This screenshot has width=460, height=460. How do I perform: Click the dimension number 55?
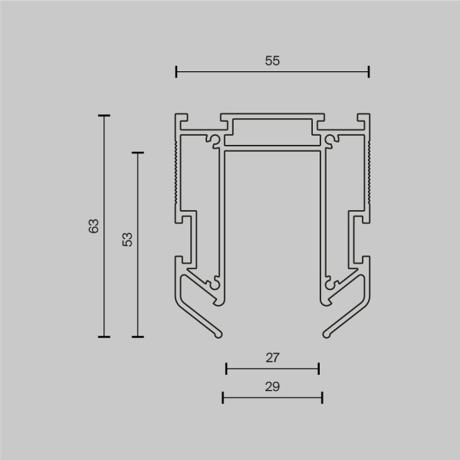coord(272,61)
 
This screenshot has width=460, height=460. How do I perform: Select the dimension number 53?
coord(127,239)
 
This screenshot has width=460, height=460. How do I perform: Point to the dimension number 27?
coord(273,357)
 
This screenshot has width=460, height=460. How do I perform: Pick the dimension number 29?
coord(273,386)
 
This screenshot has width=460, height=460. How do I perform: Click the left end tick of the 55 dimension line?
coord(176,72)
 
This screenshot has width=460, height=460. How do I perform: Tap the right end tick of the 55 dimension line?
coord(369,72)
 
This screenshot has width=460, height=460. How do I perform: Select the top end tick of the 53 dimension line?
coord(138,153)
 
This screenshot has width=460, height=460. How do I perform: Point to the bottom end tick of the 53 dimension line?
coord(138,336)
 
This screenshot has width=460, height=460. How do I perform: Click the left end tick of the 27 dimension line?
coord(227,369)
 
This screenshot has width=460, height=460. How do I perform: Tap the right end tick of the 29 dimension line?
coord(322,397)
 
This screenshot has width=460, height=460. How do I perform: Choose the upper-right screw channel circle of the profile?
coord(330,140)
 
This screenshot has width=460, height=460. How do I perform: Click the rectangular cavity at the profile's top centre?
coord(273,131)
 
